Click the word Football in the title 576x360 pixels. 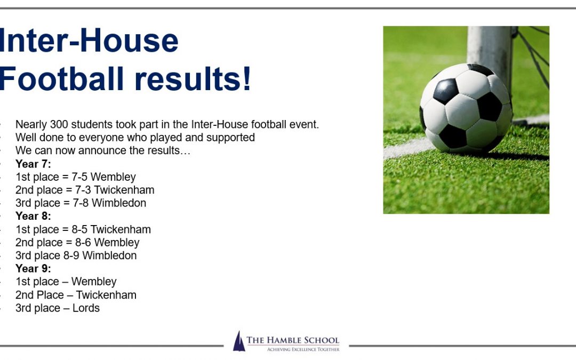coord(61,79)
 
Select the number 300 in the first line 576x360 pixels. coord(59,124)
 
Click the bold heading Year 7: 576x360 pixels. coord(33,164)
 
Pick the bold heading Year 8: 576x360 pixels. coord(33,216)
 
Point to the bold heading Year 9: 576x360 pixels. coord(33,268)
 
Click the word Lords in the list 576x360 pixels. coord(86,308)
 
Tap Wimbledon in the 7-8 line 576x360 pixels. coord(118,203)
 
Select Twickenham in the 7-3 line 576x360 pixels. coord(124,190)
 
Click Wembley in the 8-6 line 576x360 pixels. coord(117,243)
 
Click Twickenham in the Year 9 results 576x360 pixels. coord(106,295)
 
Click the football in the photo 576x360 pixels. coord(466,109)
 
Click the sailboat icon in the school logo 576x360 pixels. coord(239,341)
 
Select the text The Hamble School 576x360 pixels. coord(293,340)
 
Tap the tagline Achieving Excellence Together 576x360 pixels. coord(303,349)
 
